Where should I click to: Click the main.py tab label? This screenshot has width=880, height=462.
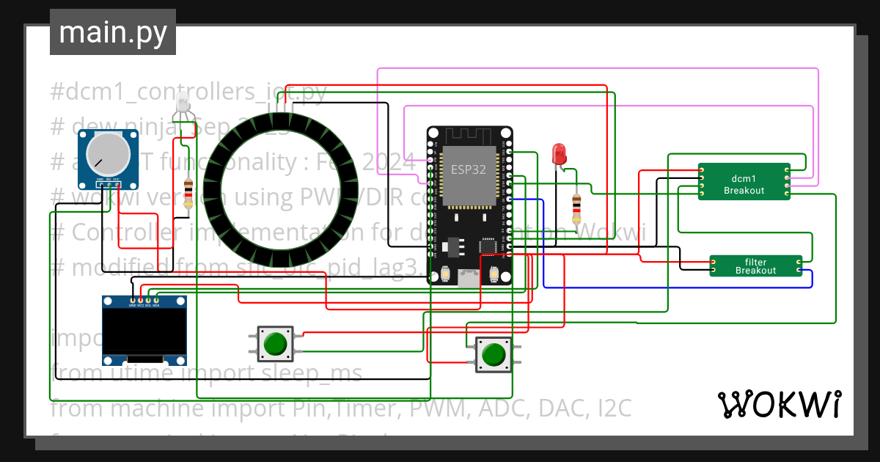(112, 32)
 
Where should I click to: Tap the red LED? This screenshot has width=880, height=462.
(559, 153)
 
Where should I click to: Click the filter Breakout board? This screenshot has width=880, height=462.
(755, 266)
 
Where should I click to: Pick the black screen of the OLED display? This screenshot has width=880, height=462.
(143, 331)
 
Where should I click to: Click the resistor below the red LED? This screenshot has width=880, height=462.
(576, 208)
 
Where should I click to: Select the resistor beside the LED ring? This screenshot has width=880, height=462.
(189, 194)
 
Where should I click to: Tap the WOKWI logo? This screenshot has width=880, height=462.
(779, 404)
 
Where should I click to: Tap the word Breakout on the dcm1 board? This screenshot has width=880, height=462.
(744, 191)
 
